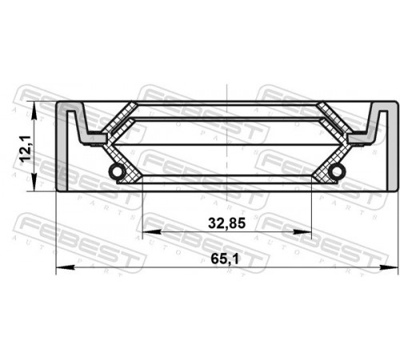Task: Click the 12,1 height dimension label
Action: pos(26,148)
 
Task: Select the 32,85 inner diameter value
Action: pos(226,223)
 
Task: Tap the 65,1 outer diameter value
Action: pos(225,258)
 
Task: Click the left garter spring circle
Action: pos(117,171)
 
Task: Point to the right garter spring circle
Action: pos(337,171)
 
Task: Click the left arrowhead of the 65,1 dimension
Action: pos(64,267)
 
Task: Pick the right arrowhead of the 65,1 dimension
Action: pos(389,267)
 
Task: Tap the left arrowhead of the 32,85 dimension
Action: pos(152,232)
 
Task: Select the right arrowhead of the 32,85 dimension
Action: pos(302,232)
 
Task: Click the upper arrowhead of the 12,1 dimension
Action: pos(34,110)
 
